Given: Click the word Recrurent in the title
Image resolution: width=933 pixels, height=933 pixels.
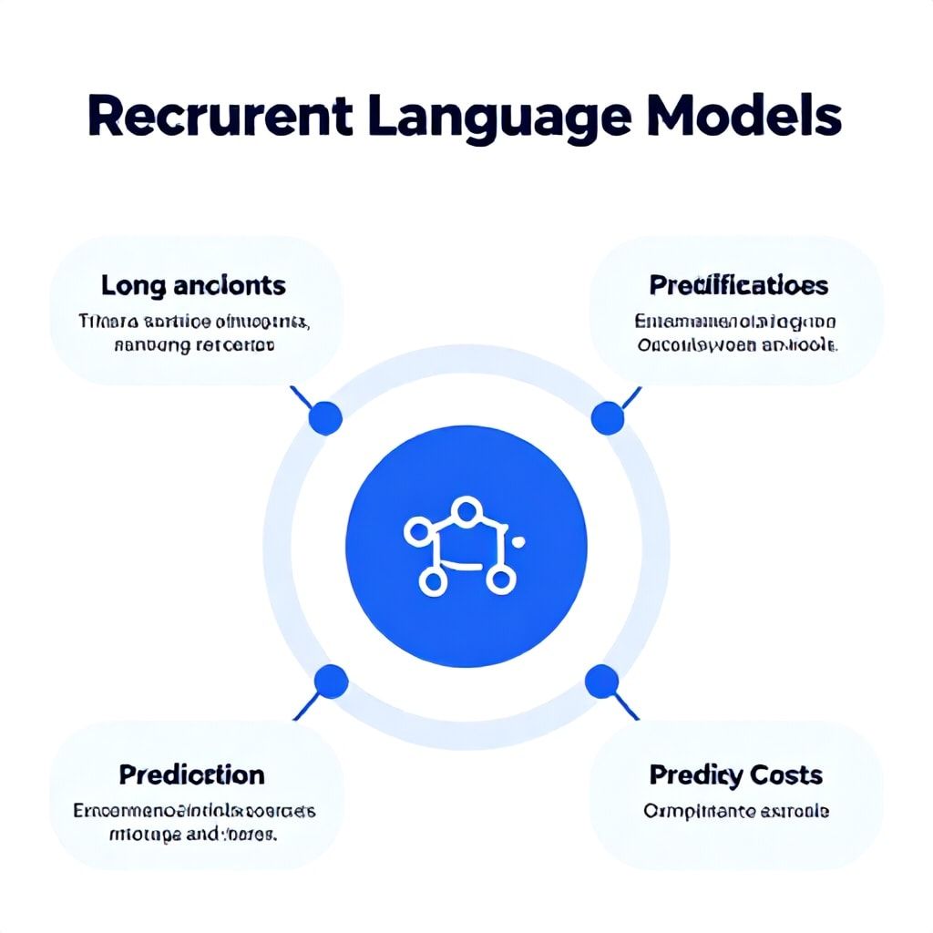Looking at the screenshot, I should click(x=220, y=117).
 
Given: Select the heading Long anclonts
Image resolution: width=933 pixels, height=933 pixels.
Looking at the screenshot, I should click(x=193, y=285).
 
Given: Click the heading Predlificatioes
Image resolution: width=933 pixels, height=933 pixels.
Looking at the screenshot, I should click(x=738, y=285).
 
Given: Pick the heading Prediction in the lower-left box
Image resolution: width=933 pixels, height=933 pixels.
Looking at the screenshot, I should click(x=191, y=774).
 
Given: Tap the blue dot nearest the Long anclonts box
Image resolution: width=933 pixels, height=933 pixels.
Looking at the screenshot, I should click(x=325, y=418).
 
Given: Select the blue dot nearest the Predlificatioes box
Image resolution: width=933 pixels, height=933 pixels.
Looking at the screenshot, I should click(x=607, y=418).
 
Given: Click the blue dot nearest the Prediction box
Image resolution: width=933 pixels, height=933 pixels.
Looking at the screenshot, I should click(x=331, y=681).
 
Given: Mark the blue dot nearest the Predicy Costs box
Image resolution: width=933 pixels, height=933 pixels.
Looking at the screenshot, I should click(x=601, y=681).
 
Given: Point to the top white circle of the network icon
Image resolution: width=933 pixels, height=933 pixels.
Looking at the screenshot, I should click(x=466, y=510).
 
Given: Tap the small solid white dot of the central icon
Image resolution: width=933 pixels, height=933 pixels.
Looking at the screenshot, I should click(x=519, y=542).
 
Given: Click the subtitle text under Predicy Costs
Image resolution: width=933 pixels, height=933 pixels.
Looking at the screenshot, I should click(x=736, y=810).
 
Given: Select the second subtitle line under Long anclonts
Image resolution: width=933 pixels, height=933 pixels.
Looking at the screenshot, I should click(x=195, y=345).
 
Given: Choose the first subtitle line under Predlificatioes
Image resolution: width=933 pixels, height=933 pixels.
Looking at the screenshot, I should click(x=735, y=322).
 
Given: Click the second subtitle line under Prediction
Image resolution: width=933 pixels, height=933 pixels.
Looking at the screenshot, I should click(x=193, y=834).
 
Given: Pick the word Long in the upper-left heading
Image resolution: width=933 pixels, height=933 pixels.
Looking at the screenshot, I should click(x=134, y=285).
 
